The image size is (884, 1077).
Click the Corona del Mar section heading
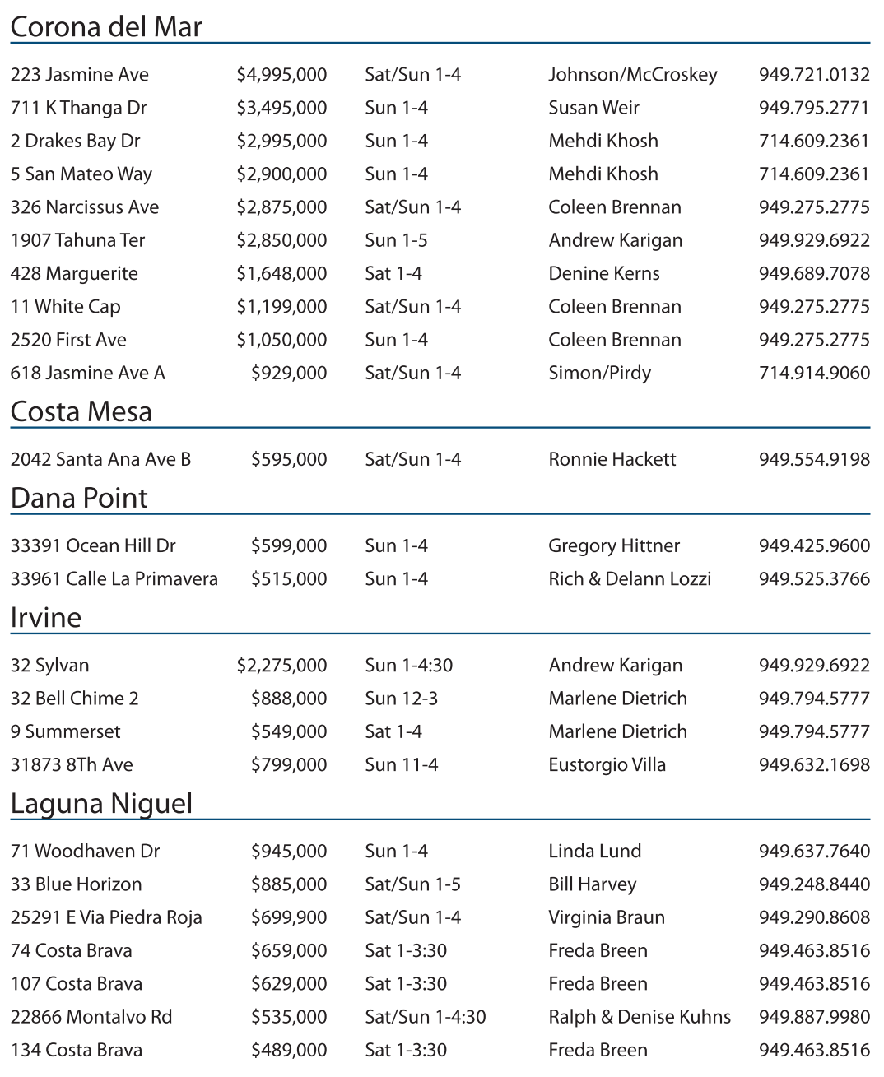106,27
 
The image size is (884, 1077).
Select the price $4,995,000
281,75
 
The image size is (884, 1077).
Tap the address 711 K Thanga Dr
79,108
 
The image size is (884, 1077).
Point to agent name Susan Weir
593,108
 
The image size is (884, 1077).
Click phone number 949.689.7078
813,273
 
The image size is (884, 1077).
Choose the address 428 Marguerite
74,273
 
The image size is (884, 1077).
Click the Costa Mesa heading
81,411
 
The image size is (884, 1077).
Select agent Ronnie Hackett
612,459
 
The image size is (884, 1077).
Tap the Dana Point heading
79,498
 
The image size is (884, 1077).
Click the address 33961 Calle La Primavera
114,578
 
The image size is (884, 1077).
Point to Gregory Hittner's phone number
813,545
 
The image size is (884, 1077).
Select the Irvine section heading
46,617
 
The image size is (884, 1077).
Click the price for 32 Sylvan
281,665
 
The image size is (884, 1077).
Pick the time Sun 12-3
401,699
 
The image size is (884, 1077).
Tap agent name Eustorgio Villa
607,764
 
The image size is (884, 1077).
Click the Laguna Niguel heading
102,803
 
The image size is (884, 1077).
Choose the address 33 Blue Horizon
77,884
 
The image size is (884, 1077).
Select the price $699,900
289,917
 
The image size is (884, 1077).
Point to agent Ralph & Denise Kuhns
640,1017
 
